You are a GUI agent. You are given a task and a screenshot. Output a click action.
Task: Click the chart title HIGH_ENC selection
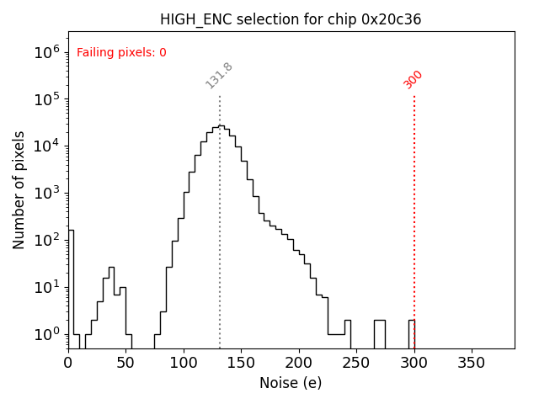pyautogui.click(x=291, y=19)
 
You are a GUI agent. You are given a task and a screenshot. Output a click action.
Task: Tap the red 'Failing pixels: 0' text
pyautogui.click(x=121, y=53)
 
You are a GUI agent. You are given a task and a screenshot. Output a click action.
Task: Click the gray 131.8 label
pyautogui.click(x=219, y=76)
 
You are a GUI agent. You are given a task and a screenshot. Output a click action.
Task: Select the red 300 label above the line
pyautogui.click(x=414, y=79)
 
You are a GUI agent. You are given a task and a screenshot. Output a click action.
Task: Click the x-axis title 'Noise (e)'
pyautogui.click(x=291, y=383)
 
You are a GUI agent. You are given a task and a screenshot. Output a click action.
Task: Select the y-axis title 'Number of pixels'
pyautogui.click(x=19, y=190)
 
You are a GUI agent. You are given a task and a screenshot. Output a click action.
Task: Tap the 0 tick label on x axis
pyautogui.click(x=68, y=362)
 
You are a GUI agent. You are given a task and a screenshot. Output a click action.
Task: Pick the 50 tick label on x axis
pyautogui.click(x=125, y=362)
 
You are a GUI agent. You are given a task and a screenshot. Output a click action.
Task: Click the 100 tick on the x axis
pyautogui.click(x=184, y=362)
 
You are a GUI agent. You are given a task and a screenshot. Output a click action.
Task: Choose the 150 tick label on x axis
pyautogui.click(x=241, y=362)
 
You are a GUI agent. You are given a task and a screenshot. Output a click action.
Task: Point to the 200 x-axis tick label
pyautogui.click(x=298, y=362)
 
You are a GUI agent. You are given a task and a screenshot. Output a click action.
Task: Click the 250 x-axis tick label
pyautogui.click(x=356, y=362)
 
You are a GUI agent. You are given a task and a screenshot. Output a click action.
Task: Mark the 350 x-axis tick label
pyautogui.click(x=471, y=362)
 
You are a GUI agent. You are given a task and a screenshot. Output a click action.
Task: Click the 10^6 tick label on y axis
pyautogui.click(x=46, y=51)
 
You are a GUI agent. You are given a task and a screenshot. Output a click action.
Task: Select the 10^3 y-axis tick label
pyautogui.click(x=46, y=193)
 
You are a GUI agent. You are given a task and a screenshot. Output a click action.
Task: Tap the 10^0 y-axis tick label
pyautogui.click(x=46, y=334)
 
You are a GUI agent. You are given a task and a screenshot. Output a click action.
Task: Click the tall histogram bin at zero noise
pyautogui.click(x=71, y=286)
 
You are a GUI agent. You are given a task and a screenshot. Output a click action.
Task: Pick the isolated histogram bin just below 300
pyautogui.click(x=412, y=333)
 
